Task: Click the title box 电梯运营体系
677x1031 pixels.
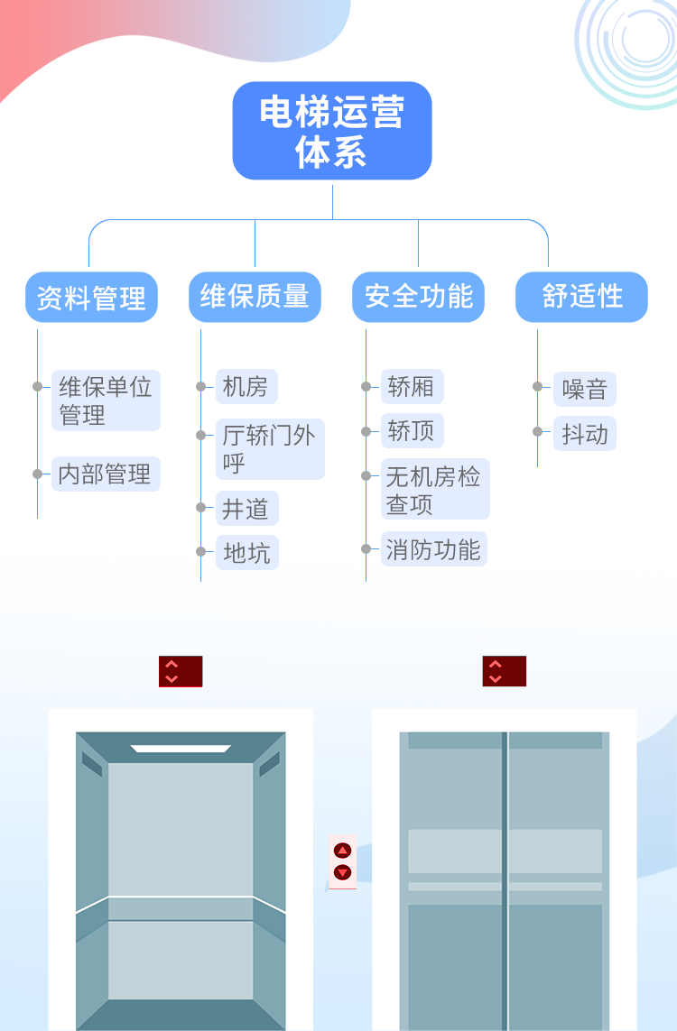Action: [x=331, y=131]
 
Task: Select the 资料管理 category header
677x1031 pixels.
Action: [x=91, y=298]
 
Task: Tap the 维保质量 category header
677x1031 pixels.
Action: [x=255, y=297]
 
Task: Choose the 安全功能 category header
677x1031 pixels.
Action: [x=418, y=297]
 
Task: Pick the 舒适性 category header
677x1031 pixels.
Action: [x=581, y=297]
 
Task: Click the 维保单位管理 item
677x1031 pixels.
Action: [x=106, y=400]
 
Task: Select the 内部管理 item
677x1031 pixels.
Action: [x=106, y=474]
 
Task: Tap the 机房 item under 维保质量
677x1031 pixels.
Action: [x=246, y=387]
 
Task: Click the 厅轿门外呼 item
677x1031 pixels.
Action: [x=269, y=449]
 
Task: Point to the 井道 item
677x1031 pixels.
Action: [x=246, y=510]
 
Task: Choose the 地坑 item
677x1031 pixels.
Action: [x=246, y=554]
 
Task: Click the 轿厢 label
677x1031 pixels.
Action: [x=411, y=387]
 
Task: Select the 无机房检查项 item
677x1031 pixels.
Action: [x=434, y=490]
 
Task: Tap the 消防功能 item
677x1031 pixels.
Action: [x=433, y=550]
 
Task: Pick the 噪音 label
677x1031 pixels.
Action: [x=585, y=390]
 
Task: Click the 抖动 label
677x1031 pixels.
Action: [x=585, y=435]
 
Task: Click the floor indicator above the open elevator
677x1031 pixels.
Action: [x=181, y=671]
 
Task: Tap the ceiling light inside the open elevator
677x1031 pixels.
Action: [x=181, y=749]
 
